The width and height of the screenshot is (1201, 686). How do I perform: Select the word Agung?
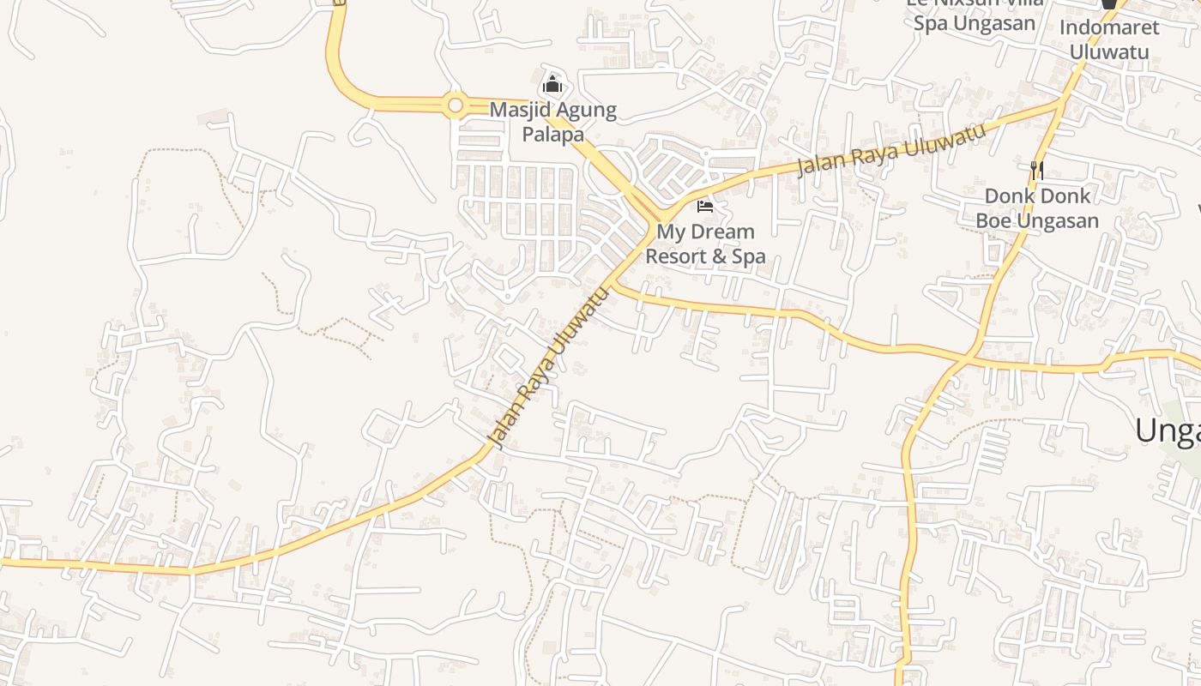[x=587, y=111]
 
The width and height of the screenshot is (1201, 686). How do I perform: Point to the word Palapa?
[x=553, y=135]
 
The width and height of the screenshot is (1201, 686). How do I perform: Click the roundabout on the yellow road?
[x=456, y=105]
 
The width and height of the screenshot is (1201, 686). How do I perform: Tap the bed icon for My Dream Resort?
[x=705, y=206]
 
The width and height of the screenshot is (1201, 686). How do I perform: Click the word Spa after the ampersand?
[x=748, y=256]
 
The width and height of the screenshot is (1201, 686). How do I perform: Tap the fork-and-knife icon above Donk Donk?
[x=1037, y=170]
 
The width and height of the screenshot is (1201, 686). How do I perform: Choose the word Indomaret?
[x=1108, y=27]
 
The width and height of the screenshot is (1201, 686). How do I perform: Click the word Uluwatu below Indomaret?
[x=1108, y=51]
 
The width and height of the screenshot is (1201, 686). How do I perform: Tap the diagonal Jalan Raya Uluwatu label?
[x=548, y=367]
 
